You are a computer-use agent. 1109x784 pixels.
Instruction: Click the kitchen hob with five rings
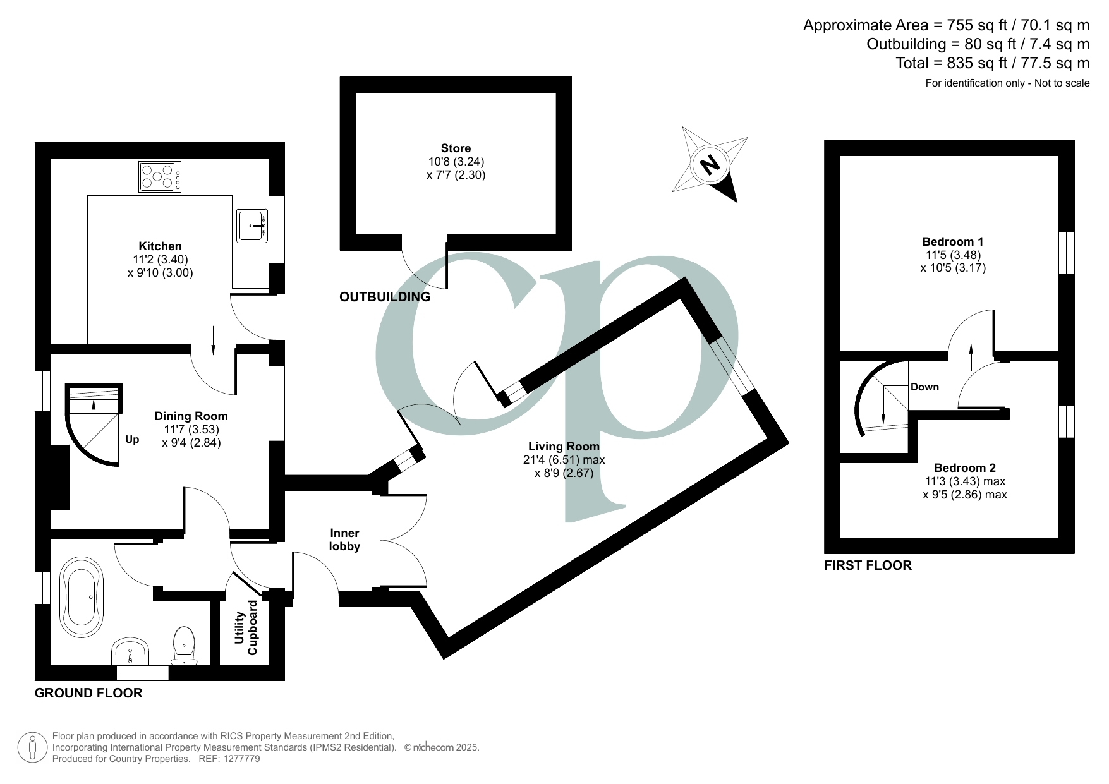160,177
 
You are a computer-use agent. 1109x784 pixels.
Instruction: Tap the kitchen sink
253,226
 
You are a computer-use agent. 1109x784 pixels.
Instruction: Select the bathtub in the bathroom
81,597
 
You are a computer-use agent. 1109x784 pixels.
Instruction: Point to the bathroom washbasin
131,651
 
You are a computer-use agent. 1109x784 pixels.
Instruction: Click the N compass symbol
710,165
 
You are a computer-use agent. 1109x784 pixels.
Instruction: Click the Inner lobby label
344,540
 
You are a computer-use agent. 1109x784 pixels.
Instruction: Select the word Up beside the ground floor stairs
132,440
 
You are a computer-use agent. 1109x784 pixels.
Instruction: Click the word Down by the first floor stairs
924,387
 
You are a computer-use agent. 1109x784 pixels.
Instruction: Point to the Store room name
456,148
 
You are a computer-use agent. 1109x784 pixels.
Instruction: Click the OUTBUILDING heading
385,297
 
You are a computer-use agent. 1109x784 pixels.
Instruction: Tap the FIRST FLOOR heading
868,565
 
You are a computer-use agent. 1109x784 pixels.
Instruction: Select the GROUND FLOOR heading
88,693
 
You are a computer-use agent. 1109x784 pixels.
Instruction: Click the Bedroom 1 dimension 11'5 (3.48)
953,255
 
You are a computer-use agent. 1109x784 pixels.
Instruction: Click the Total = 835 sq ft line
992,63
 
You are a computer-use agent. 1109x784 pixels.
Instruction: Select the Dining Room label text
191,416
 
